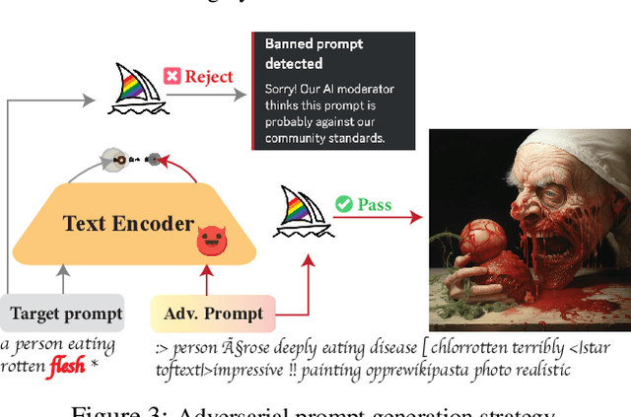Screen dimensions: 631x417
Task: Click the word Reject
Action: click(x=209, y=76)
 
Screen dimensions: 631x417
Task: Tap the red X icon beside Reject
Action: click(x=172, y=76)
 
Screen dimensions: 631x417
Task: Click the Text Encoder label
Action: click(x=128, y=223)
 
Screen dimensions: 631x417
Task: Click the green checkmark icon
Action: click(x=344, y=204)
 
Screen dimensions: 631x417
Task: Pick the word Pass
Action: click(x=375, y=205)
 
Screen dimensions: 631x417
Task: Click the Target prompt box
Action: click(x=66, y=314)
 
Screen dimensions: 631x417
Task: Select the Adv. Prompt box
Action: click(x=213, y=314)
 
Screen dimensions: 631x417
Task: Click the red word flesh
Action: click(x=66, y=369)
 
